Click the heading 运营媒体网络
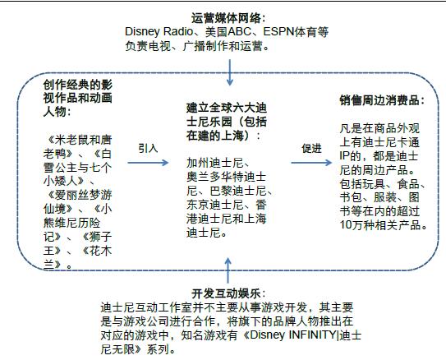[x=226, y=19]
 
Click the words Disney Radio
[x=159, y=31]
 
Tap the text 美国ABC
[x=228, y=31]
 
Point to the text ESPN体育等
[x=296, y=31]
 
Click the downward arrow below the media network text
[x=229, y=72]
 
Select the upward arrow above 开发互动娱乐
[x=228, y=270]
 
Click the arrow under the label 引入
[x=148, y=163]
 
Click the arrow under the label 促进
[x=311, y=163]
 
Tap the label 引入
[x=148, y=148]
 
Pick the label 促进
[x=312, y=148]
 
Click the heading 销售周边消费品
[x=379, y=100]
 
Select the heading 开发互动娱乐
[x=226, y=293]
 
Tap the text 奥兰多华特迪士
[x=227, y=177]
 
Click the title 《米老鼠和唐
[x=78, y=140]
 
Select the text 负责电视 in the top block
[x=148, y=46]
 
